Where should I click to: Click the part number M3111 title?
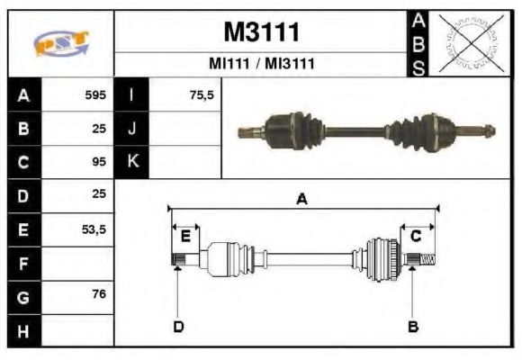click(260, 31)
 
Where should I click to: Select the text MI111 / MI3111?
click(260, 64)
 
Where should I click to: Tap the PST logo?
click(60, 42)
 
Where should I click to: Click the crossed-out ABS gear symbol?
click(467, 42)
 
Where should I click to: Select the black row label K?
click(131, 162)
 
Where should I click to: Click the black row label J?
click(131, 129)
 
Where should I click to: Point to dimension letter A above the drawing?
click(302, 200)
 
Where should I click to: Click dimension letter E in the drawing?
click(185, 236)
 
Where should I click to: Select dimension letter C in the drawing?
click(417, 236)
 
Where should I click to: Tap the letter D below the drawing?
click(178, 326)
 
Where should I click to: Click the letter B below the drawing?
click(413, 326)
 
